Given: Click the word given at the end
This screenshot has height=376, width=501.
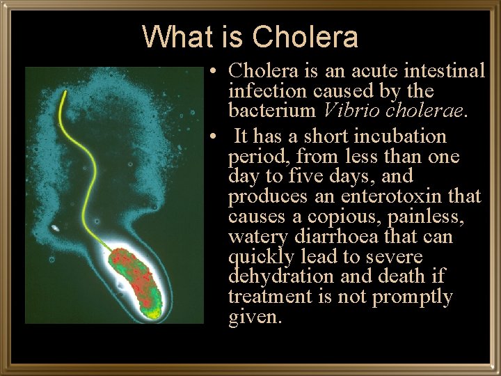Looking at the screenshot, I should click(255, 318).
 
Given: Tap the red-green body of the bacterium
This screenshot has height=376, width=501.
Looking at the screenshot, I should click(139, 279).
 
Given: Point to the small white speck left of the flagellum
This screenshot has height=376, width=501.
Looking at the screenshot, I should click(55, 228).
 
